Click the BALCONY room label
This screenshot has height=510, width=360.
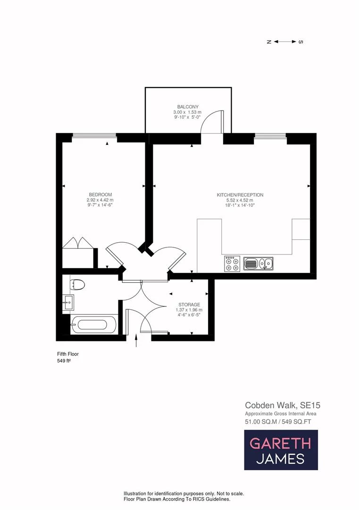[188, 107]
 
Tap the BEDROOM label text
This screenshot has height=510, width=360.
[100, 195]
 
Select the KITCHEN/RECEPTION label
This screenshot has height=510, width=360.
[240, 195]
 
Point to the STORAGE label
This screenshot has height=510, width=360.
[189, 305]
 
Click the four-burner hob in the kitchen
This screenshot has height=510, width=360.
[232, 263]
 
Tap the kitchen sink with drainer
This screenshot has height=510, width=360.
[258, 263]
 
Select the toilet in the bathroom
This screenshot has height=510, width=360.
[76, 285]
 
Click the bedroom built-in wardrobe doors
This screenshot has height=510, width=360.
[79, 242]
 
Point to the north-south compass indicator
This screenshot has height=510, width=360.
[285, 42]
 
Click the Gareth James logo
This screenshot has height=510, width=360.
[281, 450]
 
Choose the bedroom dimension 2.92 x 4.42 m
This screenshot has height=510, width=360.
[100, 200]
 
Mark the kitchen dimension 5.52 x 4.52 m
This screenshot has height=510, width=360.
[240, 200]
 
